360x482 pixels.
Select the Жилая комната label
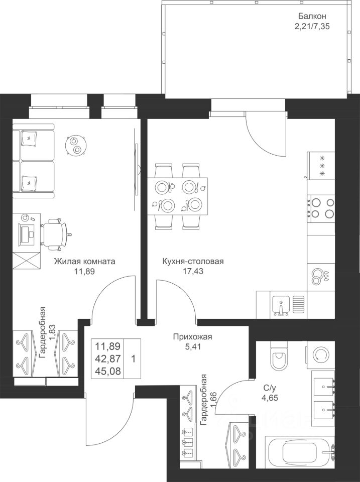85,261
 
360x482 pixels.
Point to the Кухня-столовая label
193,261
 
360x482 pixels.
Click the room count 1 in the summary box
132,359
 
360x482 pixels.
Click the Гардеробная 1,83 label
47,332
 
